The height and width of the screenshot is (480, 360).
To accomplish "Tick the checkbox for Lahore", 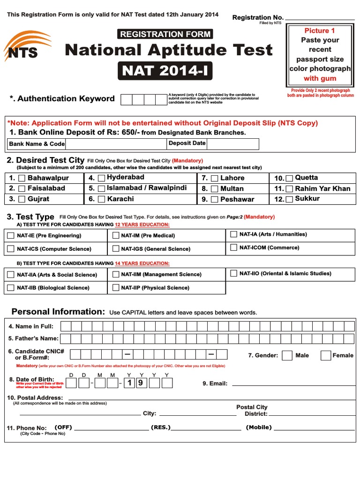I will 215,178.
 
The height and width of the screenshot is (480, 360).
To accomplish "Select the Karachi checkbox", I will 102,199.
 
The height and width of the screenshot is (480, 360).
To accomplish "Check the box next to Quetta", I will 289,178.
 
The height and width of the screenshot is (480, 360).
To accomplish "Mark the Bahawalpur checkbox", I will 22,178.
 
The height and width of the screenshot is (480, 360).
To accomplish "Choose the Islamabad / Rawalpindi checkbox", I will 102,188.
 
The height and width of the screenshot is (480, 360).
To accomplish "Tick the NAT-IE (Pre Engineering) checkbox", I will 11,235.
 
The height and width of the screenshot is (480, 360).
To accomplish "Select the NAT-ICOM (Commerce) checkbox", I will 233,247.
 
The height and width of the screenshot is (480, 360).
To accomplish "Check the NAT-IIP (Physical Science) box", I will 115,288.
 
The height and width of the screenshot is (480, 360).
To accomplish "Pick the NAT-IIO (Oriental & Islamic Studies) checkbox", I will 233,273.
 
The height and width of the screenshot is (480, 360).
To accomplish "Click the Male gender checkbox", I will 287,355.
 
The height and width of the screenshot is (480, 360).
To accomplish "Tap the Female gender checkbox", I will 325,355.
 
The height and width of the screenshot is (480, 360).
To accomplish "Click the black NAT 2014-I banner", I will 165,71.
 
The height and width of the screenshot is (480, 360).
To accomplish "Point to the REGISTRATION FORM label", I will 165,34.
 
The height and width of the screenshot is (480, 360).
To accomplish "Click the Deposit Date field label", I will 187,143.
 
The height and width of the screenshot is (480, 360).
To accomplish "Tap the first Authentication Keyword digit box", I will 127,99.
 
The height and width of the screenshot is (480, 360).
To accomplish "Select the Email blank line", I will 293,383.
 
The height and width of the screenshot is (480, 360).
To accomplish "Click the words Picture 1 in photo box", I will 320,30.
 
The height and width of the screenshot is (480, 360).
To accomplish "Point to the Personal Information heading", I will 58,312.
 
